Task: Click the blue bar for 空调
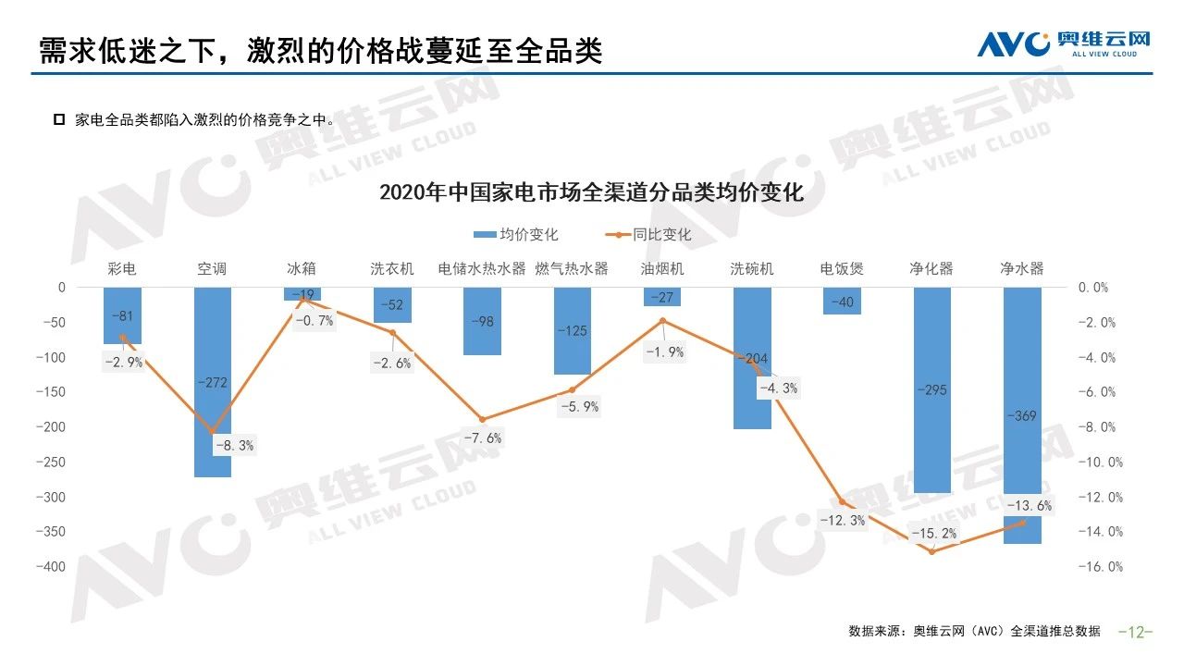point(212,381)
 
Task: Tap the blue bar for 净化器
point(932,389)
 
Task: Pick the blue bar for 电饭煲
point(842,301)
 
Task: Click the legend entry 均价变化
point(517,235)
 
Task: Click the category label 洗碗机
point(751,269)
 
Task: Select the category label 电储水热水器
point(481,269)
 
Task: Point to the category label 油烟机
point(661,269)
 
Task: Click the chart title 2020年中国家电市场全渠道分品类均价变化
point(591,193)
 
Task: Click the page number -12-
point(1135,632)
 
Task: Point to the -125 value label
point(572,330)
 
